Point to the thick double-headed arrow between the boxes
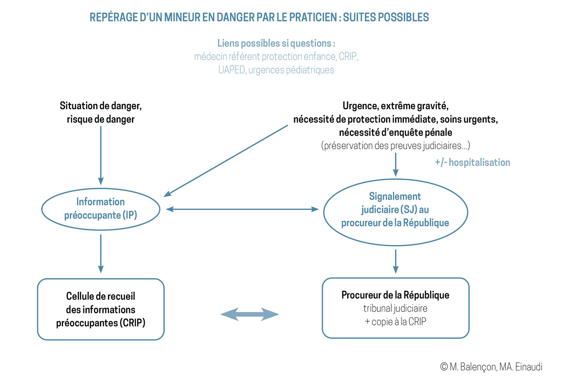pos(250,314)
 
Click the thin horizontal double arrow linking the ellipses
pos(242,209)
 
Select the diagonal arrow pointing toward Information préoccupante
pos(226,161)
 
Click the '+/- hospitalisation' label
pos(472,163)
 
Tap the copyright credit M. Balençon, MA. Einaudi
pos(491,367)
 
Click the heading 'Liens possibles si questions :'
pos(276,43)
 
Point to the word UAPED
pos(231,70)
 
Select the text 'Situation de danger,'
pos(101,106)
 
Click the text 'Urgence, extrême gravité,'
pos(395,106)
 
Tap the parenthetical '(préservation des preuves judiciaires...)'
pos(395,145)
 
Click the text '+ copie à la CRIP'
pos(395,322)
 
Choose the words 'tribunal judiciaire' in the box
pos(395,308)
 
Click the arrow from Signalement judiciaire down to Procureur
pos(396,261)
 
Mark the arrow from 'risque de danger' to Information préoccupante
pos(101,156)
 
